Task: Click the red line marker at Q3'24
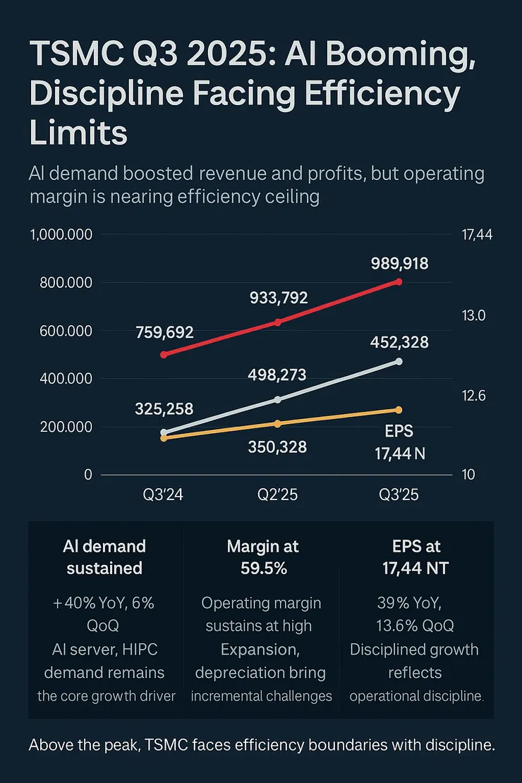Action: tap(164, 355)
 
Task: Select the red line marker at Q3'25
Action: tap(399, 281)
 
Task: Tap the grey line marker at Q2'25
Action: tap(277, 400)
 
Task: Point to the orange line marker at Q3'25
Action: tap(399, 410)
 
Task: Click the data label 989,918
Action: tap(399, 264)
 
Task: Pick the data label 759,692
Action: tap(164, 332)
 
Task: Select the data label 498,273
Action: tap(277, 375)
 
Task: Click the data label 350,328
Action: tap(277, 447)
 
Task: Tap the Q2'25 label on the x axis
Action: tap(277, 495)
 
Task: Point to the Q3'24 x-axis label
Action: tap(164, 495)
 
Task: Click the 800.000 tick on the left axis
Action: tap(62, 283)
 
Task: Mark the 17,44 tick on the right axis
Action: tap(476, 236)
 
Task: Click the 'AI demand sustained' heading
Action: tap(104, 557)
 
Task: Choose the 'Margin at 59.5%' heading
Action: tap(262, 557)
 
